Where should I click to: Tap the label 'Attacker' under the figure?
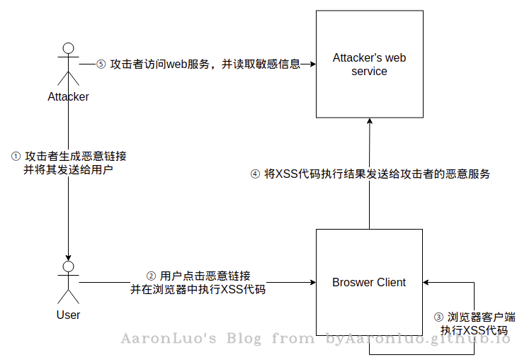point(68,96)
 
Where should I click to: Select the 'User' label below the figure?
point(68,315)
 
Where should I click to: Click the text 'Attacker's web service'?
point(369,64)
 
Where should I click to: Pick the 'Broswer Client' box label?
point(369,283)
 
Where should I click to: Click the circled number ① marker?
point(16,156)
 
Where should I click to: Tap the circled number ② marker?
point(151,276)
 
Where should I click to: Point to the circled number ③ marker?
point(438,317)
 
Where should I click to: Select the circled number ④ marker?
point(255,174)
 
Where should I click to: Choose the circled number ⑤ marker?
point(101,64)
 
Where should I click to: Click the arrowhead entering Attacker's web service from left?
point(313,64)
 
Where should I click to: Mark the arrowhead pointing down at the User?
point(68,258)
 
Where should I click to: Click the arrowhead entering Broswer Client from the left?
point(313,283)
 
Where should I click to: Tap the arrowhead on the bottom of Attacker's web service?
point(370,121)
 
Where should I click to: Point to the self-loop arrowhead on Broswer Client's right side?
point(426,283)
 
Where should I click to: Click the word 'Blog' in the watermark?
point(244,338)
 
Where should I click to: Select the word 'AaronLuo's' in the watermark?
point(169,338)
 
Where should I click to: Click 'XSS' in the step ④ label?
point(287,174)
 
